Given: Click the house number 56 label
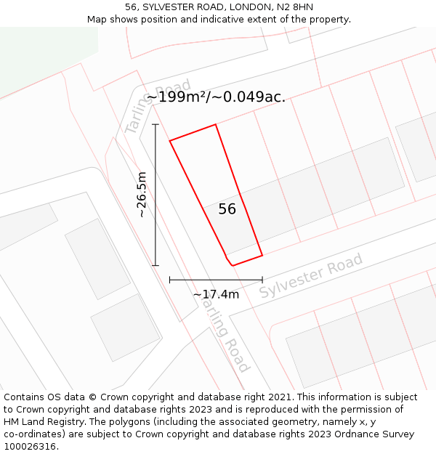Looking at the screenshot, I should click(x=227, y=209).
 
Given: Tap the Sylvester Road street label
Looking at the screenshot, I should click(x=311, y=276).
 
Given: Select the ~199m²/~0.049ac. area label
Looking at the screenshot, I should click(x=216, y=97).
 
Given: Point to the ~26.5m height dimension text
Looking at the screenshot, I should click(x=142, y=195).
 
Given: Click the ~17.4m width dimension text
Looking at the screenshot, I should click(x=216, y=294).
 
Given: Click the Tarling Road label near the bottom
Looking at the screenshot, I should click(x=226, y=336).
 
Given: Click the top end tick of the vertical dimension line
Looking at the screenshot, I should click(x=156, y=124).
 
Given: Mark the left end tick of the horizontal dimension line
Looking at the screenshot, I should click(x=169, y=280).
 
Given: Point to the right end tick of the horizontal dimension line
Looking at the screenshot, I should click(x=262, y=280).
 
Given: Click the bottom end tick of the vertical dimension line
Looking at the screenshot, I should click(x=156, y=266).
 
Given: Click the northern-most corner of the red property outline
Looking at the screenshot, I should click(x=216, y=125).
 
